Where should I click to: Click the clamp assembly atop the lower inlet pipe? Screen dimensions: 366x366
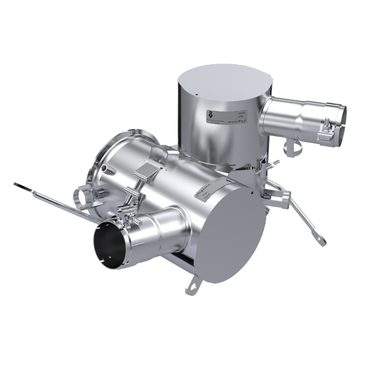tap(132, 215)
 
